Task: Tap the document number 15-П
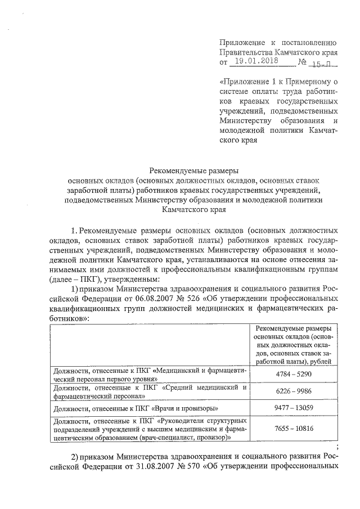[x=324, y=62]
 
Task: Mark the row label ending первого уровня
[x=150, y=375]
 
